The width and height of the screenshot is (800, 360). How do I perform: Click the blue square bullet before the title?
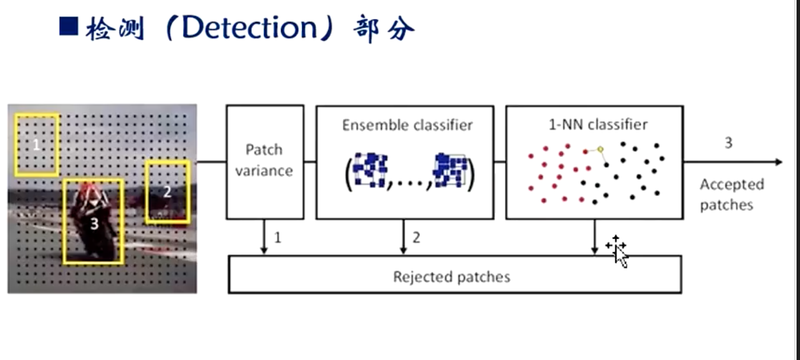tap(69, 27)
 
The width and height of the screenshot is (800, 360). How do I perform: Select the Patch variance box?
tap(265, 161)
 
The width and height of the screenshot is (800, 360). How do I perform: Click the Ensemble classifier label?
tap(407, 125)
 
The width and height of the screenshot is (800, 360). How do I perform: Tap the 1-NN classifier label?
tap(598, 124)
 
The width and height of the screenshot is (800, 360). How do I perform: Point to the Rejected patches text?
tap(451, 277)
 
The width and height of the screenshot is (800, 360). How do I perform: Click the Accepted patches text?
tap(731, 194)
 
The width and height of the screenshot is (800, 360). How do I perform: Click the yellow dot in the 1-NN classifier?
tap(601, 149)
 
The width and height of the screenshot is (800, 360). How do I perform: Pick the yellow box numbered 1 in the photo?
tap(37, 144)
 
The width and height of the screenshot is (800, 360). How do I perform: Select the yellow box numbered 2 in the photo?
tap(167, 191)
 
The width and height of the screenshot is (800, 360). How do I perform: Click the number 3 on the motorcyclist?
tap(94, 224)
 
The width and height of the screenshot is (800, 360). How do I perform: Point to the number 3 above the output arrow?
tap(728, 143)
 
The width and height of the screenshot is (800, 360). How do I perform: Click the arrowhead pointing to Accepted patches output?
tap(778, 162)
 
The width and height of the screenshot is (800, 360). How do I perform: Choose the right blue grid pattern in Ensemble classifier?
tap(451, 170)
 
